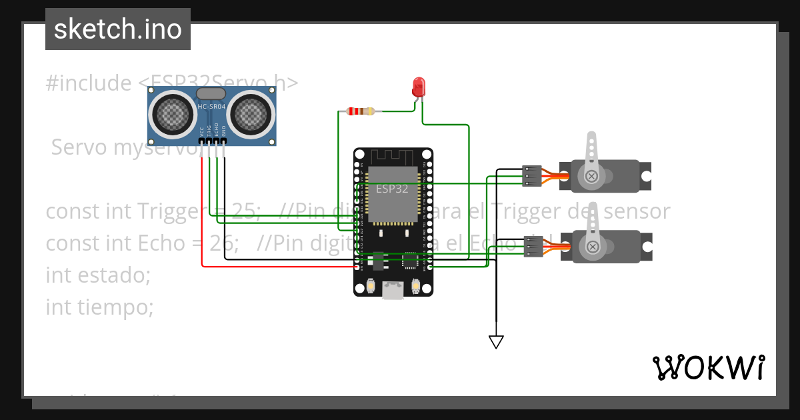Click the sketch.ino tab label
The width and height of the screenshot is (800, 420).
click(x=117, y=29)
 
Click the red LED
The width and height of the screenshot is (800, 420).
click(x=419, y=87)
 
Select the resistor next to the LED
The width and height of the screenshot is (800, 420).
click(x=360, y=111)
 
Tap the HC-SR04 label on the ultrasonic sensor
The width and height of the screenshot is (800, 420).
click(x=211, y=107)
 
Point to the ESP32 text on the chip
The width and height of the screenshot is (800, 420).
click(x=392, y=189)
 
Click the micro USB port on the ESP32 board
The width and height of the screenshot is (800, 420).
click(x=393, y=289)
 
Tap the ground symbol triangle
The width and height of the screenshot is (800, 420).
click(x=495, y=342)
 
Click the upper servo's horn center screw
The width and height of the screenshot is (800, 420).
click(x=591, y=176)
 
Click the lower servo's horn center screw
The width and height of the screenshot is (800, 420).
click(x=591, y=247)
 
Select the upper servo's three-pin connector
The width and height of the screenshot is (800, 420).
click(x=531, y=175)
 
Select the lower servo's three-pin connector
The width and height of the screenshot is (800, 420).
click(x=533, y=247)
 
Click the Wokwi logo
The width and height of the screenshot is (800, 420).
click(x=708, y=367)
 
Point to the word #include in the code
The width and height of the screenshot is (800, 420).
click(x=89, y=83)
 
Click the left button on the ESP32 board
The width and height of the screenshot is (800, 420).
click(x=371, y=287)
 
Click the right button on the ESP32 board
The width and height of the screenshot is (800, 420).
click(x=415, y=287)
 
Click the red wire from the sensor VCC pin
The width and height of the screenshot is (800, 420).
click(x=202, y=213)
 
